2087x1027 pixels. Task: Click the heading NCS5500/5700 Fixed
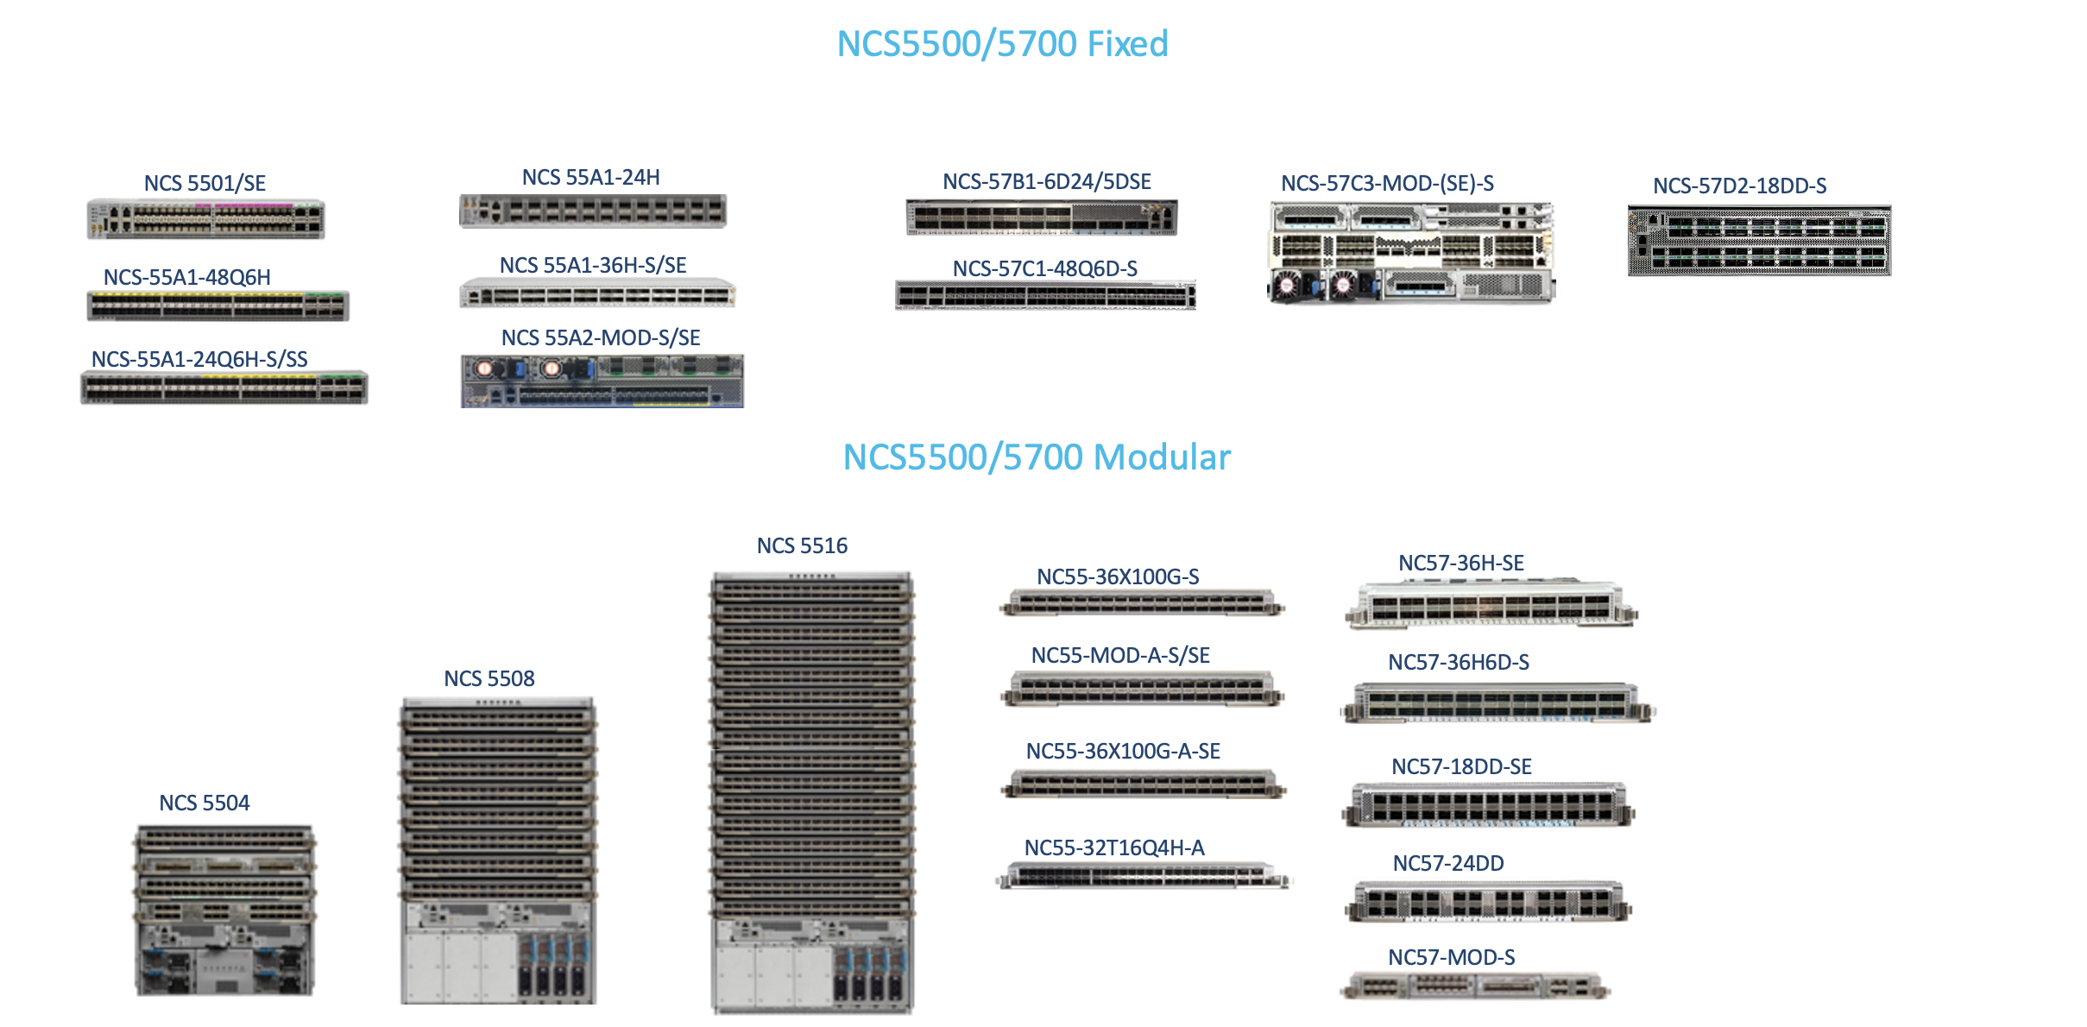(1002, 44)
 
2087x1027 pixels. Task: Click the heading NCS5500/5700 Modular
(1036, 457)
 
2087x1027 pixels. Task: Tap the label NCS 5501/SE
(205, 183)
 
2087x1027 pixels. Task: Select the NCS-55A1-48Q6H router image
(218, 306)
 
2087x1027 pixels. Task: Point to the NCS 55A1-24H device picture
(593, 211)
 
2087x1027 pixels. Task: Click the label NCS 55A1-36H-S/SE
(593, 265)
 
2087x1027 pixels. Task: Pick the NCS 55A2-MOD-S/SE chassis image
(602, 381)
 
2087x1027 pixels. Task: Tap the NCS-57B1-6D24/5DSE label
(1046, 181)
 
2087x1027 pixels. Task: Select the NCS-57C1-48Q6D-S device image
(1045, 295)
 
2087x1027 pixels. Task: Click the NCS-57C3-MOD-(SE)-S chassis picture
(1410, 252)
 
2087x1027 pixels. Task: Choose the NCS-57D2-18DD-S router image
(1759, 240)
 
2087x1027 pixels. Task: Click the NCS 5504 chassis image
(224, 910)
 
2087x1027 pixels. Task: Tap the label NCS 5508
(489, 678)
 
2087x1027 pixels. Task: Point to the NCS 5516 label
(802, 545)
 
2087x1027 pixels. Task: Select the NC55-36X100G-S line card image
(1142, 602)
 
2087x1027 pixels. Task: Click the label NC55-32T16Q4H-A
(1113, 847)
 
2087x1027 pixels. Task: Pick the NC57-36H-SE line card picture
(1491, 604)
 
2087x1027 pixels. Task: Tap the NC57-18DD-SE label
(1461, 766)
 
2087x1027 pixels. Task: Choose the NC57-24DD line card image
(1488, 901)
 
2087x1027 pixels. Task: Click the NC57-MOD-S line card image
(1475, 985)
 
